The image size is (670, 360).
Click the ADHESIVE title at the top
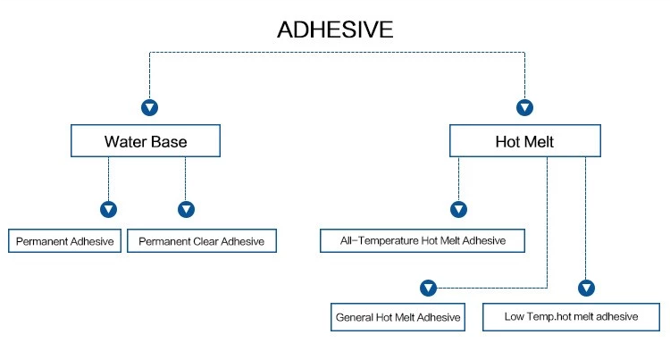pyautogui.click(x=335, y=29)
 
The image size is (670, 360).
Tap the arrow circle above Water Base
pyautogui.click(x=149, y=107)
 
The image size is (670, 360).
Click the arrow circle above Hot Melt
pyautogui.click(x=524, y=107)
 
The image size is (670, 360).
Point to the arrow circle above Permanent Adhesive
pyautogui.click(x=108, y=209)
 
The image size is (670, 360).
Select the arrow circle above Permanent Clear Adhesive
pyautogui.click(x=186, y=209)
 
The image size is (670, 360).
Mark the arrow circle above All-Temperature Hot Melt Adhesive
pyautogui.click(x=458, y=209)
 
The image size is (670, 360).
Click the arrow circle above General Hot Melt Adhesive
pyautogui.click(x=428, y=288)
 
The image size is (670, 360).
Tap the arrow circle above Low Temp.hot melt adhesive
pyautogui.click(x=586, y=288)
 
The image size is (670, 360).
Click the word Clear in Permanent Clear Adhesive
pyautogui.click(x=205, y=242)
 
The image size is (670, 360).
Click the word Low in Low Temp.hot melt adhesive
pyautogui.click(x=514, y=317)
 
